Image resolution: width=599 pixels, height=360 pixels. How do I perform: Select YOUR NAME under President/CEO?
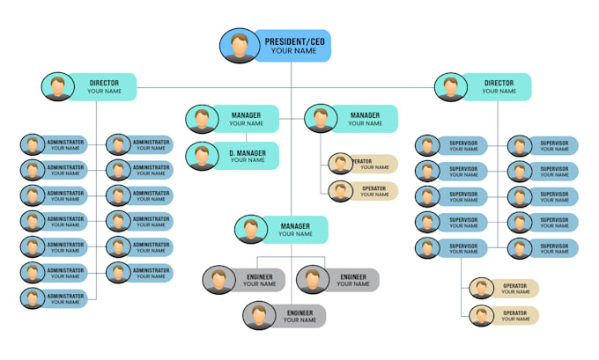[x=293, y=51]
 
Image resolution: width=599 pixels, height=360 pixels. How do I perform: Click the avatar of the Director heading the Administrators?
[x=57, y=86]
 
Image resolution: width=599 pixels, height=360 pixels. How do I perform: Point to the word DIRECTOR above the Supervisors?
[x=499, y=83]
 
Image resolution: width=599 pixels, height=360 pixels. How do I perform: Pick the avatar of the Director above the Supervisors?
[x=451, y=86]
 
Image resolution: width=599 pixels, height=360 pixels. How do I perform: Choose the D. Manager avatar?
[x=202, y=156]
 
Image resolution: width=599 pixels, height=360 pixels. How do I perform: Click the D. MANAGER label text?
[x=248, y=151]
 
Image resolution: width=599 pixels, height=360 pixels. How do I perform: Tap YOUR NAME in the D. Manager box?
[x=248, y=160]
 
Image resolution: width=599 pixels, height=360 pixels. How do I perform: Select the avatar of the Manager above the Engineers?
[x=250, y=230]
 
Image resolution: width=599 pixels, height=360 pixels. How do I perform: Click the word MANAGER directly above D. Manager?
[x=246, y=115]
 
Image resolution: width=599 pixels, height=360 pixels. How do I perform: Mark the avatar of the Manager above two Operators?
[x=321, y=119]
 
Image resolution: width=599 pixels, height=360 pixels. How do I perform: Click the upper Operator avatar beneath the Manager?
[x=340, y=163]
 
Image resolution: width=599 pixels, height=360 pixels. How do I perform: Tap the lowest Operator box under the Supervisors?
[x=504, y=315]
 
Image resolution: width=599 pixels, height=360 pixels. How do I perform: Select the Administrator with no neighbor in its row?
[x=54, y=298]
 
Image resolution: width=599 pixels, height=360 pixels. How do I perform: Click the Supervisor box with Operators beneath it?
[x=452, y=248]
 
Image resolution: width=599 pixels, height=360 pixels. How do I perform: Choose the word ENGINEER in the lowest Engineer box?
[x=299, y=312]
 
